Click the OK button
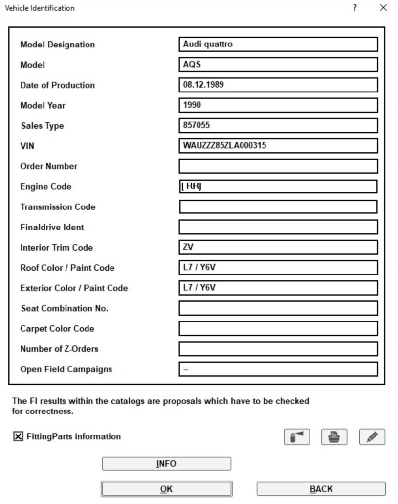click(166, 489)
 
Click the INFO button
click(166, 463)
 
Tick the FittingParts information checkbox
click(17, 436)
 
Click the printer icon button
click(333, 436)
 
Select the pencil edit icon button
click(372, 436)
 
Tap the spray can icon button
click(296, 436)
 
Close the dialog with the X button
click(383, 8)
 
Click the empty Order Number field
click(278, 166)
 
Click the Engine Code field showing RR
click(278, 186)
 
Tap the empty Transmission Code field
click(278, 207)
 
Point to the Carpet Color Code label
click(57, 328)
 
